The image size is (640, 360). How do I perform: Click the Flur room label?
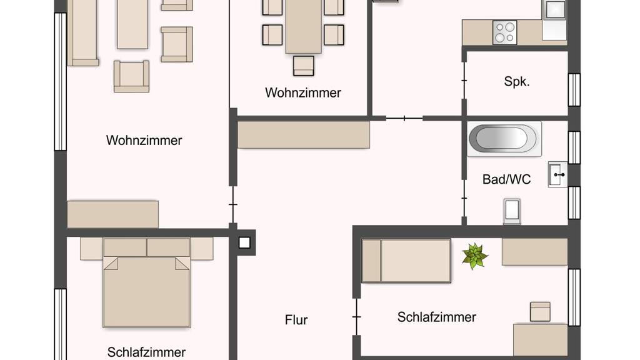[296, 319]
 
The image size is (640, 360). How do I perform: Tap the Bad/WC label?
[506, 179]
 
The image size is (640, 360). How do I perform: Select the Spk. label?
[517, 82]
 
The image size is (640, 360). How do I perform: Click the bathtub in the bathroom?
[504, 139]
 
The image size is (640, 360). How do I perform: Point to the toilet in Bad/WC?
[512, 211]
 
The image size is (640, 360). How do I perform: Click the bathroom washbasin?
[557, 174]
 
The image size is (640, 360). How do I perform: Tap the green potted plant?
[474, 256]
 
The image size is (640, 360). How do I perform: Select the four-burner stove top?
[505, 32]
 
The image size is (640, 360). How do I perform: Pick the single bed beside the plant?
[406, 261]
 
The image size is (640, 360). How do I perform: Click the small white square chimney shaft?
[244, 242]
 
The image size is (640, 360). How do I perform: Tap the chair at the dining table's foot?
[304, 66]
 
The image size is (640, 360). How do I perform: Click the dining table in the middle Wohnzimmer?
[303, 26]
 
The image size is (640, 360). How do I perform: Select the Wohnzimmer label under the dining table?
[303, 92]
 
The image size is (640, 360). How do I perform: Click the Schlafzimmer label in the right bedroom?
[437, 317]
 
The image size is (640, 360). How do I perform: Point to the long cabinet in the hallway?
[304, 135]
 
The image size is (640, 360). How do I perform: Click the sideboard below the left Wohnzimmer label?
[112, 214]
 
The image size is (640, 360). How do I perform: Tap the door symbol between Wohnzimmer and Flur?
[232, 204]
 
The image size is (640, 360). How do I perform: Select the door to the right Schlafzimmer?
[357, 317]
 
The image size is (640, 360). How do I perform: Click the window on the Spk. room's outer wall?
[574, 90]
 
